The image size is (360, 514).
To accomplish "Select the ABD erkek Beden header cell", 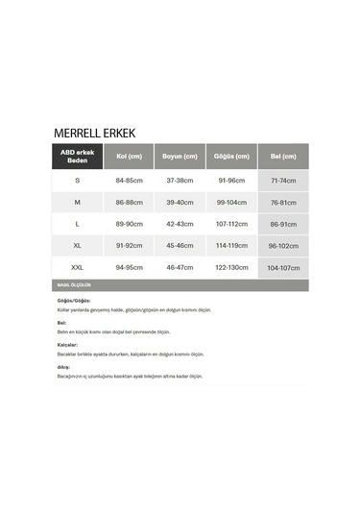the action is point(77,157).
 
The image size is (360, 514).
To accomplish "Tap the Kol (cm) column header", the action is point(129,157).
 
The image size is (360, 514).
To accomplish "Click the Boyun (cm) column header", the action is point(180,157).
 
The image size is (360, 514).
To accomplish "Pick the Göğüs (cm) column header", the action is point(231,157).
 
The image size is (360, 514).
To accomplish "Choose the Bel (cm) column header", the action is point(283,157).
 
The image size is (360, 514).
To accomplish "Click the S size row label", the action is point(77,180).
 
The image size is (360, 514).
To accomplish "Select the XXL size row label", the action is point(77,268).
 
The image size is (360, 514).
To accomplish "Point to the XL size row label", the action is point(77,246).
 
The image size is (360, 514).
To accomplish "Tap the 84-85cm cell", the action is point(129,180).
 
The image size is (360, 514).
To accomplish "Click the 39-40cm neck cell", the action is point(180,202).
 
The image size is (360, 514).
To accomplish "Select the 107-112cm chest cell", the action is point(231,224).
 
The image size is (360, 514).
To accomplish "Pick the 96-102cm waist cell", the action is point(283,246).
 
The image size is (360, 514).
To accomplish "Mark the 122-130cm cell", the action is point(231,268).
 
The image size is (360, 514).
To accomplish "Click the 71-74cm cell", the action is point(283,180).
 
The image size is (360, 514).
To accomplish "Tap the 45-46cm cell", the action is point(180,246).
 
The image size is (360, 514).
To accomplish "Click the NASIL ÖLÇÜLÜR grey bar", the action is point(180,285).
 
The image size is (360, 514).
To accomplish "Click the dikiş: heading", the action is point(63,367).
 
